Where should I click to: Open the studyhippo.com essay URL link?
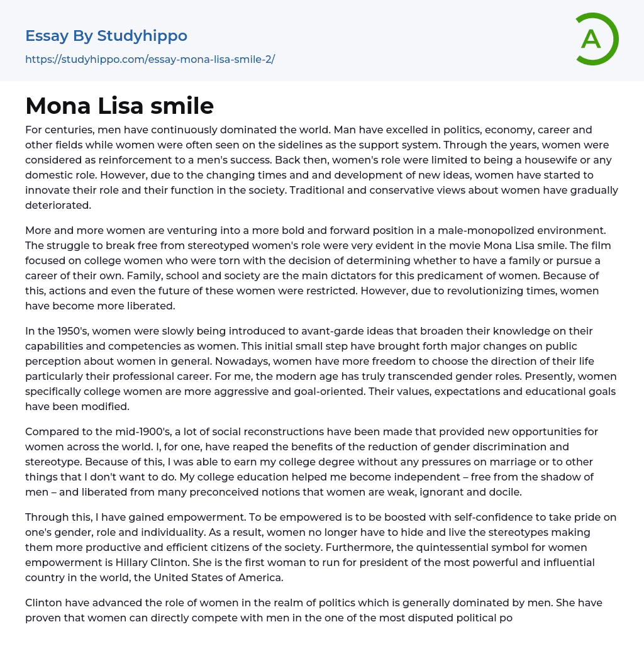150,60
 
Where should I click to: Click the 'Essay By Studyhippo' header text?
106,36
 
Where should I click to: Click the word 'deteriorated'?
57,205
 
